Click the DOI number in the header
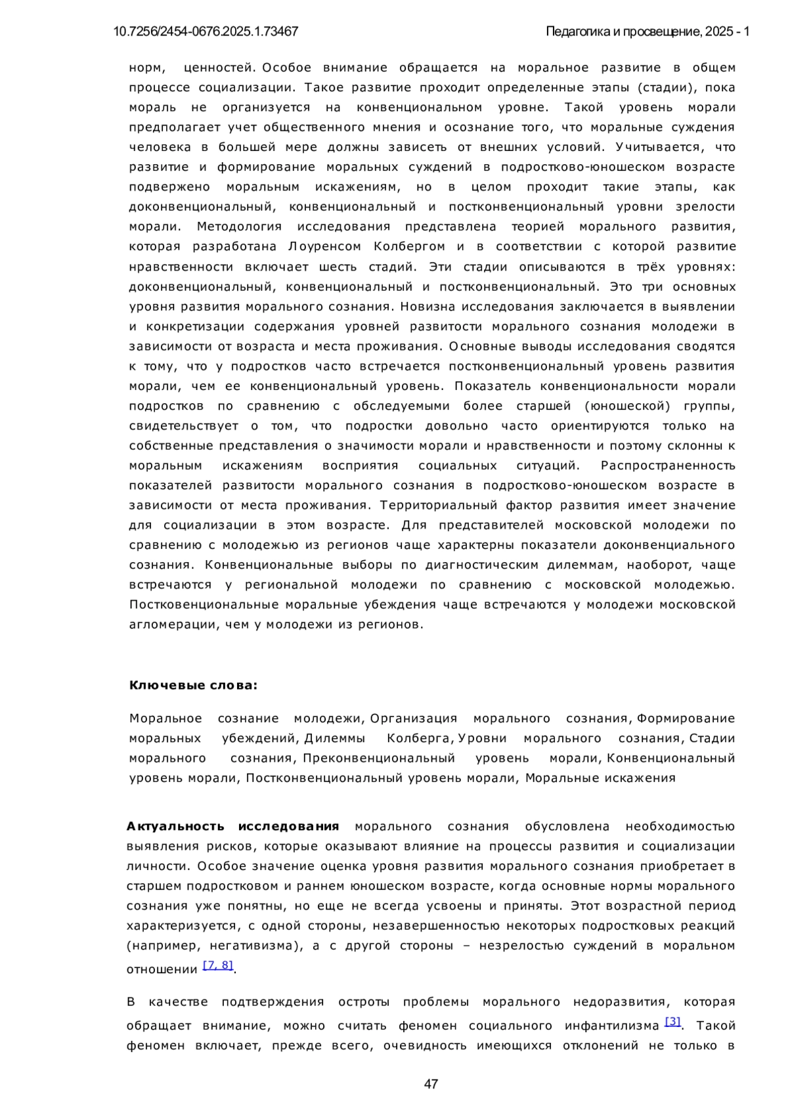pos(206,32)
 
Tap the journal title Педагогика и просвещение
pos(623,32)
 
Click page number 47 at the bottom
pos(431,1084)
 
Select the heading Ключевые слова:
pos(194,686)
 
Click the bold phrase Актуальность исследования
pos(233,826)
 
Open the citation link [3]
pos(672,1021)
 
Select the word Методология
pos(239,227)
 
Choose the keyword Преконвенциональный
pos(379,758)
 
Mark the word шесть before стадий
pos(338,267)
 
